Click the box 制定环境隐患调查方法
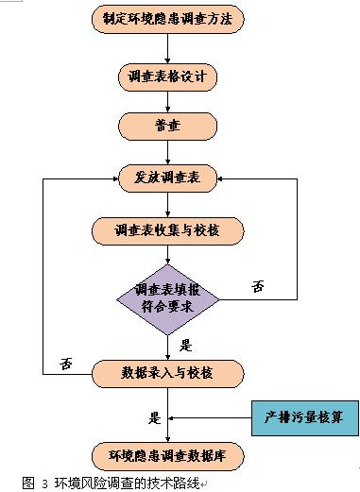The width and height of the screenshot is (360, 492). pos(167,17)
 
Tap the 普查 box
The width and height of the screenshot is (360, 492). pos(167,125)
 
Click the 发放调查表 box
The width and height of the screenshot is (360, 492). pos(167,177)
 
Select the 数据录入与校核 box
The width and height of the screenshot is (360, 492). pos(167,371)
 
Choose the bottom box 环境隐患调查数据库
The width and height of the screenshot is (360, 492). pos(167,456)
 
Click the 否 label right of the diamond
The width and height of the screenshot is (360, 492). pos(258,286)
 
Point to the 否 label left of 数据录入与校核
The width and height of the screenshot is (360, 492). pos(66,362)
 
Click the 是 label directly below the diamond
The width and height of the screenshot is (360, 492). pos(185,345)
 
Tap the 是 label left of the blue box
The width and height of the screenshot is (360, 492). pos(154,415)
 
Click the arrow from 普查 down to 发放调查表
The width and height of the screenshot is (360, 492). pos(167,151)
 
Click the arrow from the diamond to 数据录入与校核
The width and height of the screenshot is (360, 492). pos(167,346)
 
